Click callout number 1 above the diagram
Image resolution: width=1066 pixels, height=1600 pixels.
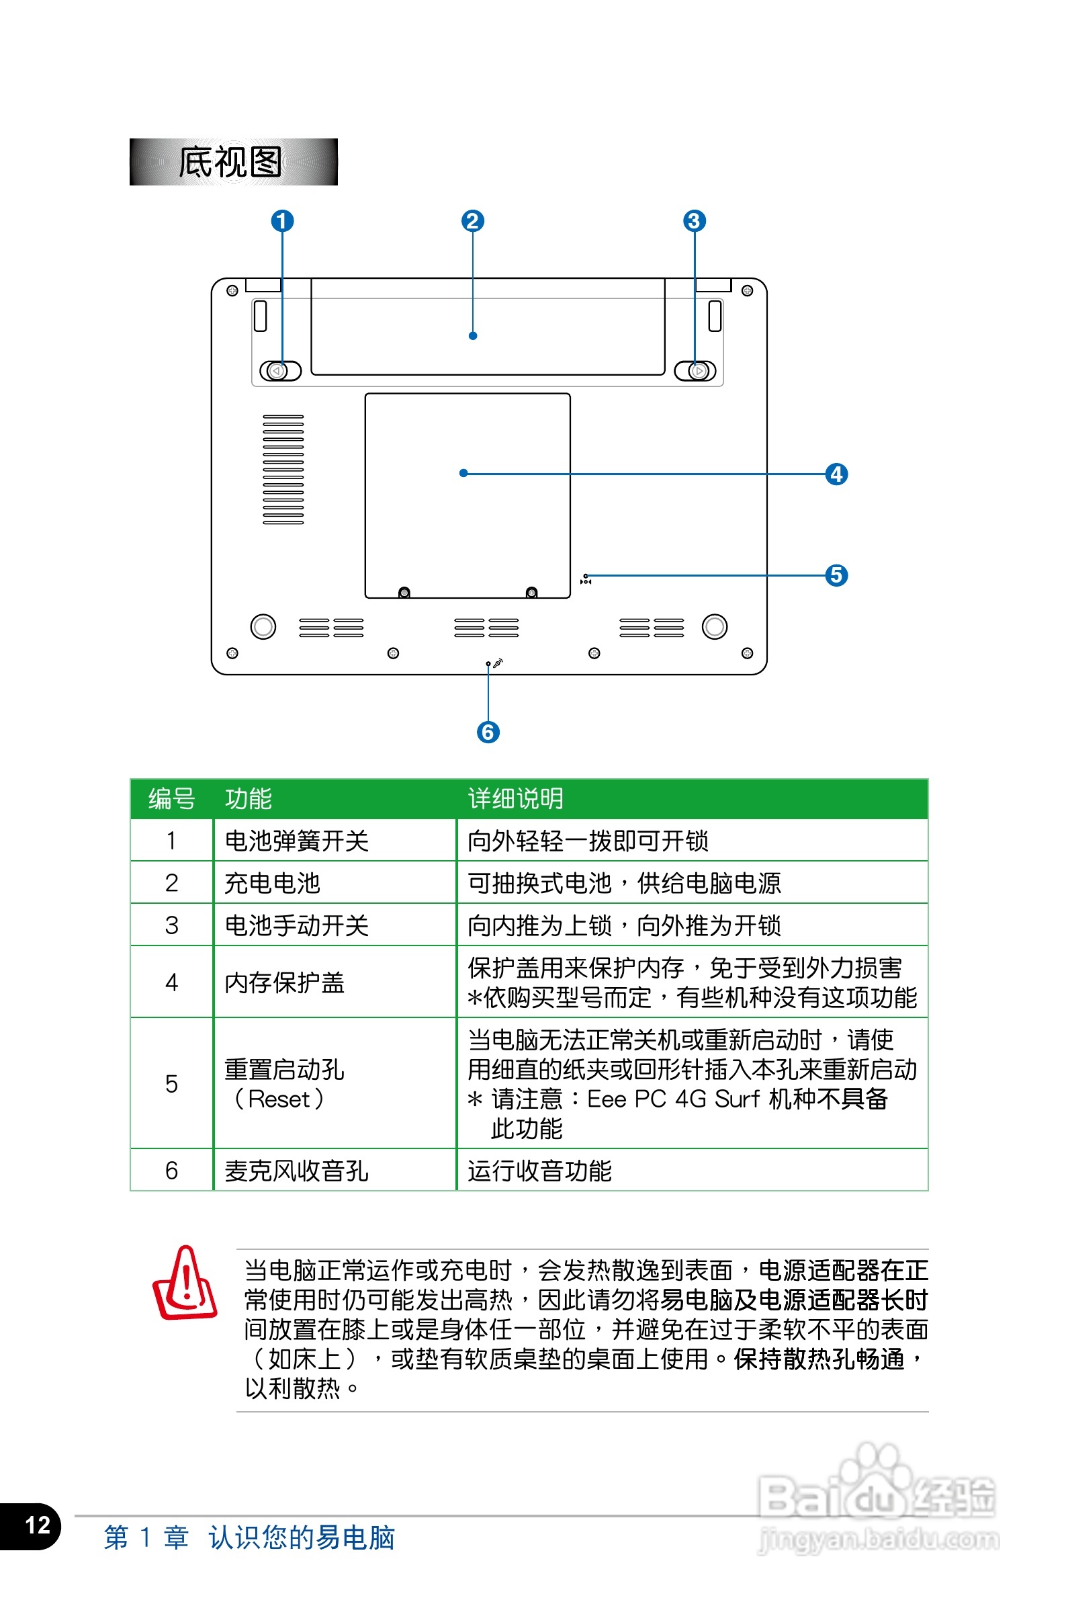pos(282,221)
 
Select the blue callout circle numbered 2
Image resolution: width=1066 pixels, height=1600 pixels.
pos(472,221)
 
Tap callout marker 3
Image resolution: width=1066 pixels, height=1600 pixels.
pos(693,221)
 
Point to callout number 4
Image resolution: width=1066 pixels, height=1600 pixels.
pos(836,474)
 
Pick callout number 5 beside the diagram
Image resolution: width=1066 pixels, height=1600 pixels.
pos(836,575)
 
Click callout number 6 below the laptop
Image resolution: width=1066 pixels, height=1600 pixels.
pos(488,732)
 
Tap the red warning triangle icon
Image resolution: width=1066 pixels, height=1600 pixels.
pos(184,1283)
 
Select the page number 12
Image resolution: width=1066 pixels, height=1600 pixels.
pos(38,1525)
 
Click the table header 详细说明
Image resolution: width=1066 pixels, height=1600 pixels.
pos(515,799)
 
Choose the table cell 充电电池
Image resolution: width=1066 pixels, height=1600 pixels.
pos(272,883)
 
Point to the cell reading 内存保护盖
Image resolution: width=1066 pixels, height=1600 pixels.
pos(284,982)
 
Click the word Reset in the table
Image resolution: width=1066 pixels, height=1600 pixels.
pos(279,1099)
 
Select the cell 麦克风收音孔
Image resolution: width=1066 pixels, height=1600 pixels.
pos(296,1171)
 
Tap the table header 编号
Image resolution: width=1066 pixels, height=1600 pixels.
pos(171,799)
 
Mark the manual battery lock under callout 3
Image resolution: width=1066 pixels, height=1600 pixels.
pos(695,371)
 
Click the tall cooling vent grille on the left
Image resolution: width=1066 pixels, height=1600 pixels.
pos(283,469)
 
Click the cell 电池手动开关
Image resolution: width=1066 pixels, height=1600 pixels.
pos(296,925)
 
